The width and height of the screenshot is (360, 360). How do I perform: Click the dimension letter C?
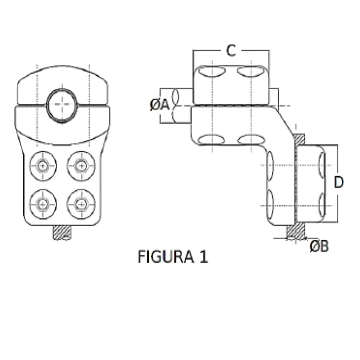pyautogui.click(x=231, y=51)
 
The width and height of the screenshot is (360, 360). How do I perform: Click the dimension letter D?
pyautogui.click(x=338, y=182)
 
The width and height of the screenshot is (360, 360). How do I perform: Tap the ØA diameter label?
pyautogui.click(x=160, y=105)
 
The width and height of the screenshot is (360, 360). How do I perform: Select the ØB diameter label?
pyautogui.click(x=319, y=247)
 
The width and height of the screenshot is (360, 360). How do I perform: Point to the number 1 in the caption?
pyautogui.click(x=204, y=257)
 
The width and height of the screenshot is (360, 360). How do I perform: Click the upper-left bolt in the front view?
pyautogui.click(x=43, y=165)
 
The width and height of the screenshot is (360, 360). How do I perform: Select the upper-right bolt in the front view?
pyautogui.click(x=81, y=165)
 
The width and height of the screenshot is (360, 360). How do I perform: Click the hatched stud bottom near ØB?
pyautogui.click(x=296, y=232)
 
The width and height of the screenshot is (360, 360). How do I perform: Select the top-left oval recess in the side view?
pyautogui.click(x=212, y=71)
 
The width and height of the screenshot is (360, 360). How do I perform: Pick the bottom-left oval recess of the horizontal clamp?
pyautogui.click(x=212, y=139)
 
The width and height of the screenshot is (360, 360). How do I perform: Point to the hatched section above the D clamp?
pyautogui.click(x=300, y=139)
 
